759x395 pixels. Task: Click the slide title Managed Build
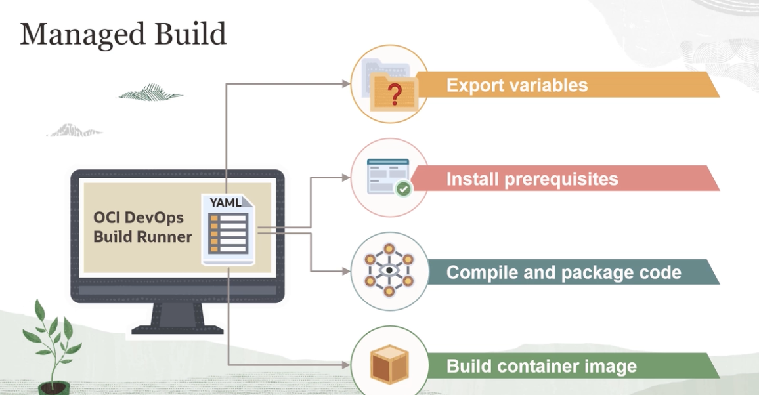[x=123, y=35]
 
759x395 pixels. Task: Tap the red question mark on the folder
[x=395, y=96]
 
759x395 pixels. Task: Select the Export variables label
[x=517, y=85]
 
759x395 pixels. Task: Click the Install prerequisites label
[x=532, y=179]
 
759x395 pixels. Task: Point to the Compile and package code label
[x=563, y=272]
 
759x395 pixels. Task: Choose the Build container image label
[x=541, y=365]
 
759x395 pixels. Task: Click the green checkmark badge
[x=402, y=189]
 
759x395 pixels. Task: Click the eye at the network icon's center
[x=389, y=270]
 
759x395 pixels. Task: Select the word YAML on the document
[x=225, y=203]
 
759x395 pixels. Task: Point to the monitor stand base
[x=177, y=326]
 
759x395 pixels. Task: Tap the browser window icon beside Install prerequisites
[x=387, y=175]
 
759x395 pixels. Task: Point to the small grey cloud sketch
[x=74, y=130]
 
